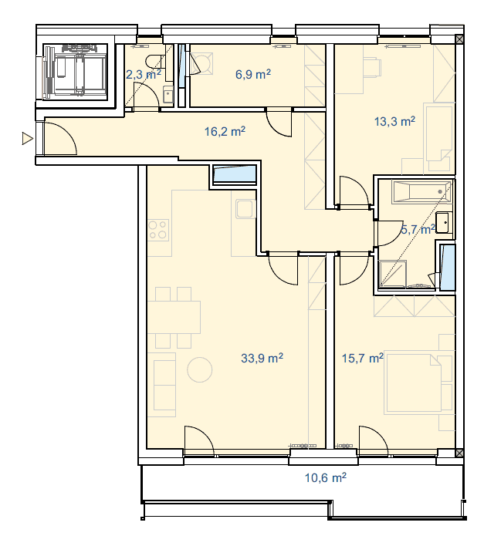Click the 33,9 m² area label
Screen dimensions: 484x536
[262, 358]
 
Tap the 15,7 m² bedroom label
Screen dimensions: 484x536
[363, 358]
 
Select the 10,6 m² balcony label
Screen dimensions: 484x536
[325, 477]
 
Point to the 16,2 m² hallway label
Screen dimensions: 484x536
[225, 131]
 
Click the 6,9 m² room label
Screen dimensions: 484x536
[253, 74]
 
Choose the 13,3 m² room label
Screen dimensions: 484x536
[394, 121]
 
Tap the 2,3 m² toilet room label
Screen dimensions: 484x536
[144, 74]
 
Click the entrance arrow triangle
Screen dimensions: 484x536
[27, 139]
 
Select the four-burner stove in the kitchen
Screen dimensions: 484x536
[158, 230]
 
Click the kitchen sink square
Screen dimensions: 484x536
[245, 209]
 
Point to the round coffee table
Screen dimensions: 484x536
[200, 369]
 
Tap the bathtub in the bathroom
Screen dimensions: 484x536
[422, 192]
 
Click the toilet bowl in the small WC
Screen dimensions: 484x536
[154, 62]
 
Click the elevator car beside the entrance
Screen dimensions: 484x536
[75, 72]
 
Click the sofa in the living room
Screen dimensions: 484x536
[164, 385]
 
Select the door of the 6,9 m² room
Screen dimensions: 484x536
[279, 123]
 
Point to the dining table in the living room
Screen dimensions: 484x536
[174, 317]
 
